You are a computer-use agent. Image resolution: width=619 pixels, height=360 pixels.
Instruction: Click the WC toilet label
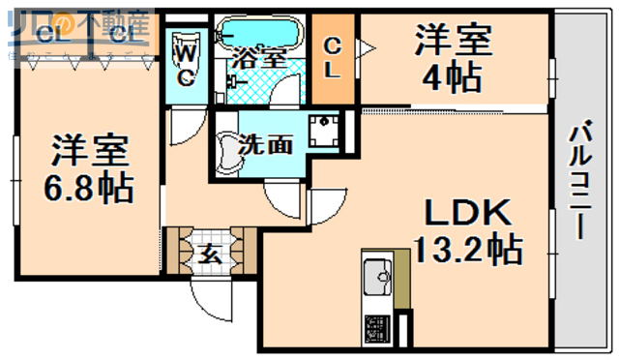(188, 62)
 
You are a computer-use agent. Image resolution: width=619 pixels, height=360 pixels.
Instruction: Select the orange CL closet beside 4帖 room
(332, 57)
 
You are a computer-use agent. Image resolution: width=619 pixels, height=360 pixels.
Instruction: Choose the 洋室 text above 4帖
(453, 42)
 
